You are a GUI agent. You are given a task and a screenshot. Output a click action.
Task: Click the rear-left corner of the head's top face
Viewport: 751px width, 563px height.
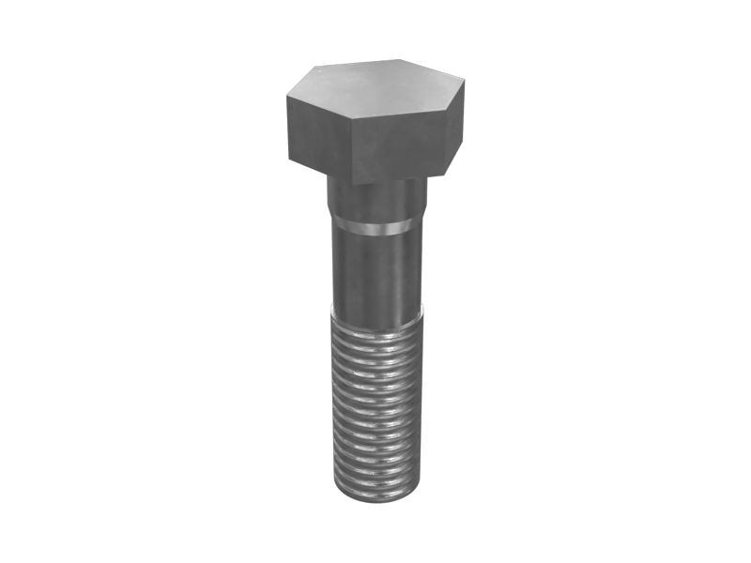point(315,68)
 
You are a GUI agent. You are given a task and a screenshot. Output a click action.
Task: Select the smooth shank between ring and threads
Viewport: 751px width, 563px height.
point(375,272)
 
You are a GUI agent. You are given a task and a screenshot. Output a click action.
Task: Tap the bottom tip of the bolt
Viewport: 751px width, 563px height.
point(375,497)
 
